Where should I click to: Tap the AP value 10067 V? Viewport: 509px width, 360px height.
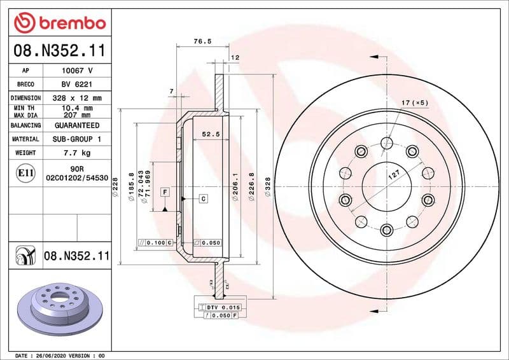76,71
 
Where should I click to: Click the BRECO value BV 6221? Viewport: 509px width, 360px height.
76,84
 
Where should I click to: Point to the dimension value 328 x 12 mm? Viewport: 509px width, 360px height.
76,98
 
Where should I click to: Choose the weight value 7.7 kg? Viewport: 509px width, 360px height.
76,153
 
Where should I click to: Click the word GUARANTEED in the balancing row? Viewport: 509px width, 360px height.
76,126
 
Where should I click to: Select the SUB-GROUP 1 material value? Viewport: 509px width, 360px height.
76,139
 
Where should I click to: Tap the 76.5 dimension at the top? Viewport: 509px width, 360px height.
202,41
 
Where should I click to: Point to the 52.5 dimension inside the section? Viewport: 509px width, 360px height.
211,134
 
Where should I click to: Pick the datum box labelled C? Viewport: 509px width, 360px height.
203,198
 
